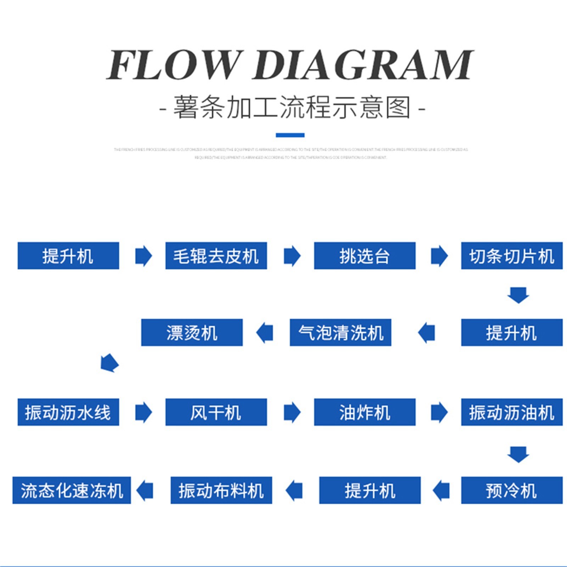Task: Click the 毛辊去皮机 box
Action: point(216,256)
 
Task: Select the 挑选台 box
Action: point(364,256)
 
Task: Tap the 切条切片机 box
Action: point(511,256)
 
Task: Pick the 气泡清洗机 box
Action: point(340,332)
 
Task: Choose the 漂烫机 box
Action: point(192,332)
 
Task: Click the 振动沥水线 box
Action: point(68,412)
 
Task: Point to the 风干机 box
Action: point(216,412)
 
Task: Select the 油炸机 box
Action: point(364,412)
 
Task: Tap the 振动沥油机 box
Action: point(511,412)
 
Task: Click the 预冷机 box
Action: point(511,490)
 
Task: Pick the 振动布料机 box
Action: point(221,490)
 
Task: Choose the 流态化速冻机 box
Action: point(72,490)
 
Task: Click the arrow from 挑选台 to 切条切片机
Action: point(439,256)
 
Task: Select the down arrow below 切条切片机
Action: point(518,295)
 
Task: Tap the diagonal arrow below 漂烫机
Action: point(110,363)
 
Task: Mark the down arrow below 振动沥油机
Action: point(518,454)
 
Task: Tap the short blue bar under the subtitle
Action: point(290,135)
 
